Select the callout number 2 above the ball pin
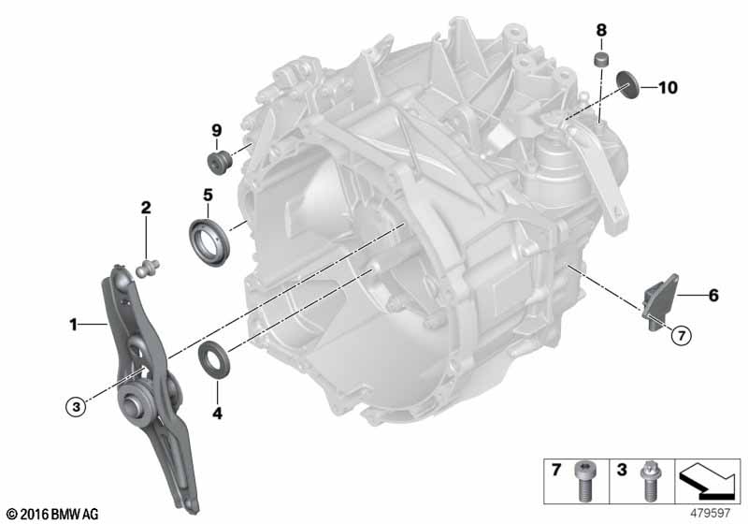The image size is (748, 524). tap(146, 206)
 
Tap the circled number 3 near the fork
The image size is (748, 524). tap(76, 405)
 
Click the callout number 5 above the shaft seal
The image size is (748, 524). tap(209, 196)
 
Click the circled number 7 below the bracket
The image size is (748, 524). tap(679, 334)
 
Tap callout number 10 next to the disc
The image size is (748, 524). tap(667, 88)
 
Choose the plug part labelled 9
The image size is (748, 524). tap(220, 163)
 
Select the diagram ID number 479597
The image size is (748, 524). tap(712, 512)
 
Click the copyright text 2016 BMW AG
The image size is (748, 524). tap(51, 514)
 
